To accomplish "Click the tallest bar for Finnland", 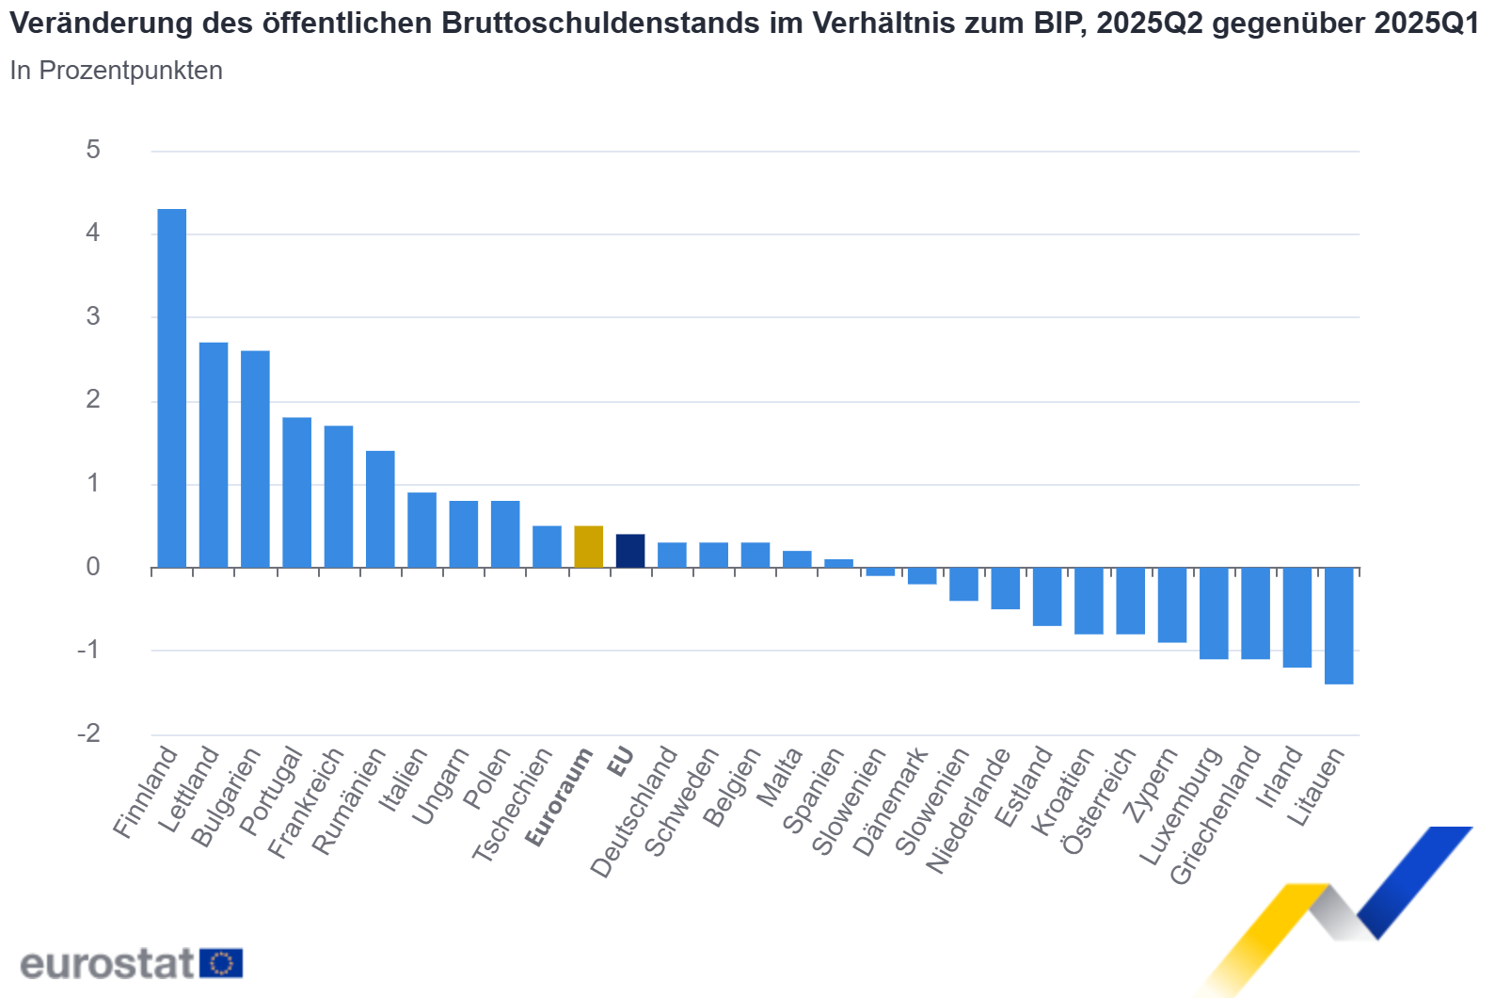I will [x=171, y=388].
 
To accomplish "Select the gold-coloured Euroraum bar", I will [x=588, y=547].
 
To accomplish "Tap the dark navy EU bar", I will [x=629, y=551].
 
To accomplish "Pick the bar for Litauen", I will [x=1338, y=625].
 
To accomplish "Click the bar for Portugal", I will [x=296, y=492].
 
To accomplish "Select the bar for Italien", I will [x=421, y=530].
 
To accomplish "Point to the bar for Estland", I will [x=1046, y=596].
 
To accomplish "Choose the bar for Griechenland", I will [x=1255, y=613].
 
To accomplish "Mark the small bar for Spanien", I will [x=838, y=563].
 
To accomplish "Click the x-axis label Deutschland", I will [x=634, y=812].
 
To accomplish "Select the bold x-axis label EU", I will [x=620, y=762].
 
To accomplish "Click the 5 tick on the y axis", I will [x=92, y=150].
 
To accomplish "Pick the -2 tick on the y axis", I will [x=88, y=733].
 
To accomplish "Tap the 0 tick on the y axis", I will [x=92, y=567].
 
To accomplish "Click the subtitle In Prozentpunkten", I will [x=116, y=71].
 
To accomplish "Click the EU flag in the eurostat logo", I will [x=221, y=963].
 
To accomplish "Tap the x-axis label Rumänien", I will [x=349, y=801].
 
